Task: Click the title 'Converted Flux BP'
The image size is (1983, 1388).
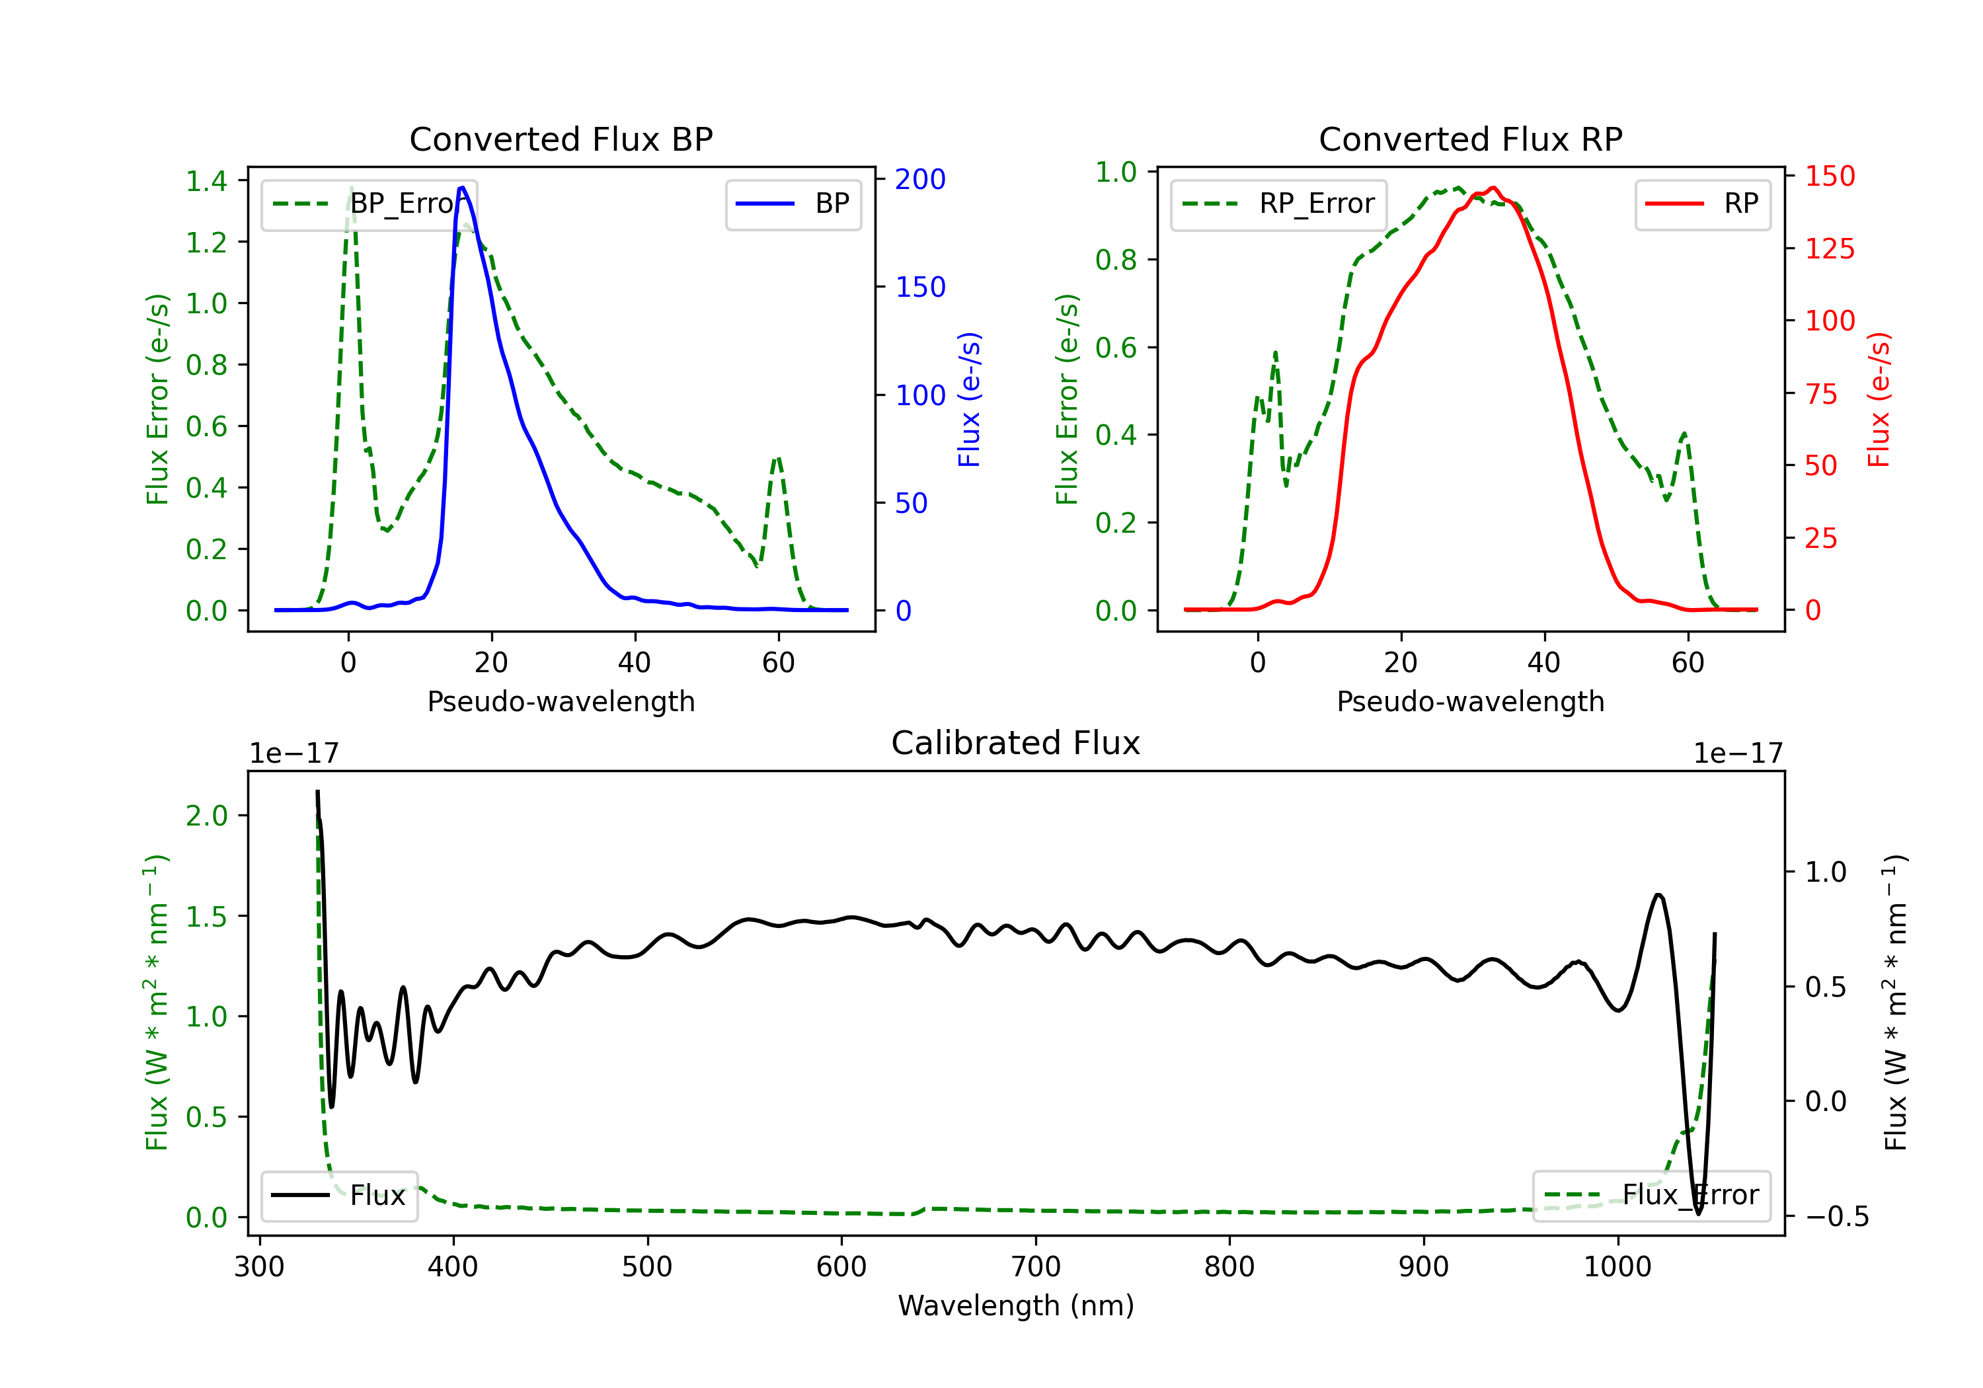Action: point(561,139)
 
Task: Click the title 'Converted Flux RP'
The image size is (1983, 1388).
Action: point(1470,139)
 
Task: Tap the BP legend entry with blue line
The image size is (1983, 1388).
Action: point(794,204)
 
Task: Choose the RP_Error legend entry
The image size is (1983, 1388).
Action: point(1278,204)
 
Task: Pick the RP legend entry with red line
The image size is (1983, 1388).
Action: point(1702,204)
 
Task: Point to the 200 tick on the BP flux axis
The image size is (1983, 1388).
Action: point(920,180)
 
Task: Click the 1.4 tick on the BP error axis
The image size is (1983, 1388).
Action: point(206,181)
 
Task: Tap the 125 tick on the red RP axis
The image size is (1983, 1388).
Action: point(1829,249)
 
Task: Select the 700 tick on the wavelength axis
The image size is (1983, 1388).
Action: point(1036,1267)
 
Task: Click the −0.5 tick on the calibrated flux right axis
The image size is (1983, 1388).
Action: point(1836,1217)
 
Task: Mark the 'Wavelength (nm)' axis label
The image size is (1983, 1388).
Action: point(1016,1305)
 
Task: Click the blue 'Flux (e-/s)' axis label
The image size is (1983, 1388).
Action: point(969,400)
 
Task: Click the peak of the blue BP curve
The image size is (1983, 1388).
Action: point(463,188)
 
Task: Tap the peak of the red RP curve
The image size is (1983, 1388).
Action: point(1493,188)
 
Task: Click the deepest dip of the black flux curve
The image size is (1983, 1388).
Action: point(1698,1214)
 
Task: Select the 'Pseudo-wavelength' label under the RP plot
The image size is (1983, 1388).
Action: point(1470,701)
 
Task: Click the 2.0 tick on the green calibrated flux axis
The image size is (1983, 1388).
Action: point(206,816)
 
